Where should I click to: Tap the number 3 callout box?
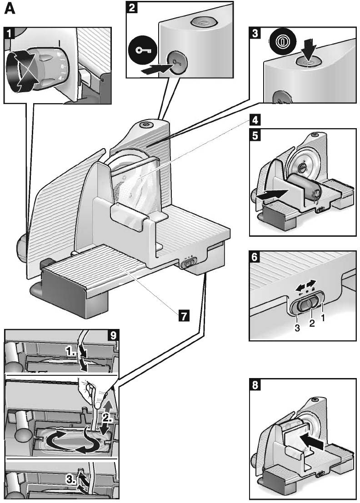255,33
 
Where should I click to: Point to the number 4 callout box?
255,121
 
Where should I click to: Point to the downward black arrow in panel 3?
307,48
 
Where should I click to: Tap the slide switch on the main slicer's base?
188,263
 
